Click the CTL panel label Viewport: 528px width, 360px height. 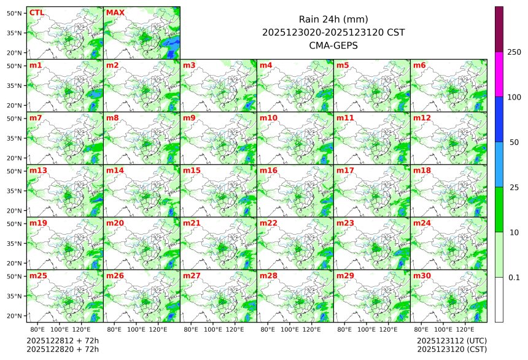pyautogui.click(x=36, y=12)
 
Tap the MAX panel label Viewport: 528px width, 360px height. pyautogui.click(x=115, y=12)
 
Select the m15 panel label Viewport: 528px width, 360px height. pyautogui.click(x=192, y=170)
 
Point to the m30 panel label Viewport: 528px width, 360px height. pyautogui.click(x=422, y=276)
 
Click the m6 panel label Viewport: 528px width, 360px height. pyautogui.click(x=419, y=65)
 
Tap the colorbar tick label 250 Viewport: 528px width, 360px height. pyautogui.click(x=514, y=52)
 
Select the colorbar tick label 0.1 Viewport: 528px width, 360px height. pyautogui.click(x=514, y=277)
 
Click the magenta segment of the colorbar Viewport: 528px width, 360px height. pyautogui.click(x=499, y=74)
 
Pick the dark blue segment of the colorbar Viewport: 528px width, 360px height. pyautogui.click(x=499, y=119)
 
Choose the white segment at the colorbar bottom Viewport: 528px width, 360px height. pyautogui.click(x=499, y=299)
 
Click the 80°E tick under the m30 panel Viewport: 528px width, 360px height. pyautogui.click(x=421, y=329)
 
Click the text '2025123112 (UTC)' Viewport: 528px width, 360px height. pyautogui.click(x=452, y=340)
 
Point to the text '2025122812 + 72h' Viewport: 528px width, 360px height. pyautogui.click(x=63, y=340)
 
